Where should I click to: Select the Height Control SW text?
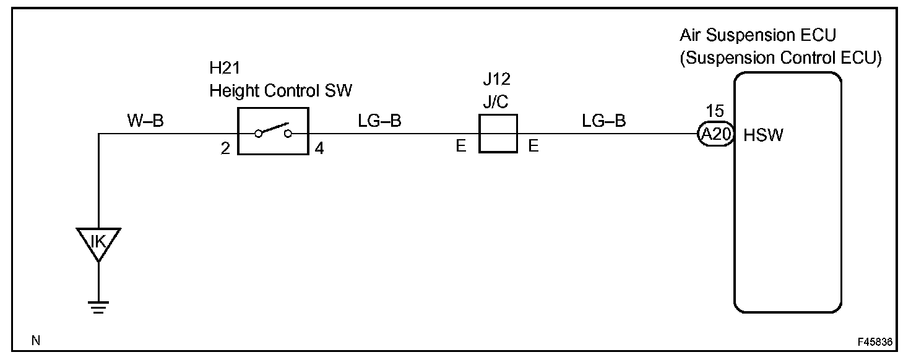pos(280,91)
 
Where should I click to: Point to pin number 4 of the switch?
pos(319,149)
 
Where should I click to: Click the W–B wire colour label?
pos(145,121)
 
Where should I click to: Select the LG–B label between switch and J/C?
pos(379,121)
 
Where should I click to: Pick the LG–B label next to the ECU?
pos(603,121)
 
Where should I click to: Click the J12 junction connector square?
pos(498,133)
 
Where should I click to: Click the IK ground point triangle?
pos(98,242)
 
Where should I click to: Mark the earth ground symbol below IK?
pos(98,306)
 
